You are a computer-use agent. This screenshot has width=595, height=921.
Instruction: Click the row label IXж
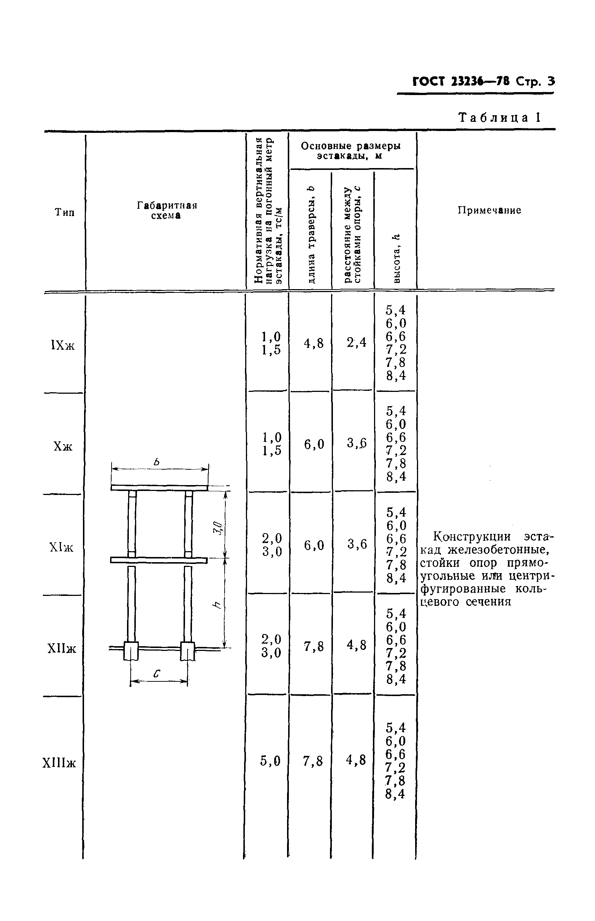pos(63,345)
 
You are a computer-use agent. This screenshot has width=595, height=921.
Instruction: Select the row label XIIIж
pos(59,763)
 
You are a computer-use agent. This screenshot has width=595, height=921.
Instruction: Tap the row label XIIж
pos(62,648)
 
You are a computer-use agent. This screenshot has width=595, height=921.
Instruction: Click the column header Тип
pos(65,212)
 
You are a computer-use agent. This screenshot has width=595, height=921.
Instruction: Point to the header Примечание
pos(489,210)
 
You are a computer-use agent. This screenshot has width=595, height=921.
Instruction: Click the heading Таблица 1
pos(499,117)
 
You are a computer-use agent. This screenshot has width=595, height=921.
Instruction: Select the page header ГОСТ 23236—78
pos(461,81)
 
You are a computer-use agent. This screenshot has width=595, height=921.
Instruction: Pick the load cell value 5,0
pos(270,761)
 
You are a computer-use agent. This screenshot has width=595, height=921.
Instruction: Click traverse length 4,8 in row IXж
pos(313,343)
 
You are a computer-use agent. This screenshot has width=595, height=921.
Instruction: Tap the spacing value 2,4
pos(356,342)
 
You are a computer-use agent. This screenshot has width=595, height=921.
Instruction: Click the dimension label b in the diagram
pos(156,462)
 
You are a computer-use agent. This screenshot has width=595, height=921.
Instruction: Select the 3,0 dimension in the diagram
pos(218,528)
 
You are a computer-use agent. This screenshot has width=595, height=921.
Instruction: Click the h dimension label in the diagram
pos(218,605)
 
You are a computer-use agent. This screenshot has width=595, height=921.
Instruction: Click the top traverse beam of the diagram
pos(159,488)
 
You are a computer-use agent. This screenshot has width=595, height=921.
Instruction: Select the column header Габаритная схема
pos(167,210)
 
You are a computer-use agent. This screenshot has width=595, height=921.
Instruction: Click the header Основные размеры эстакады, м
pos(351,150)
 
